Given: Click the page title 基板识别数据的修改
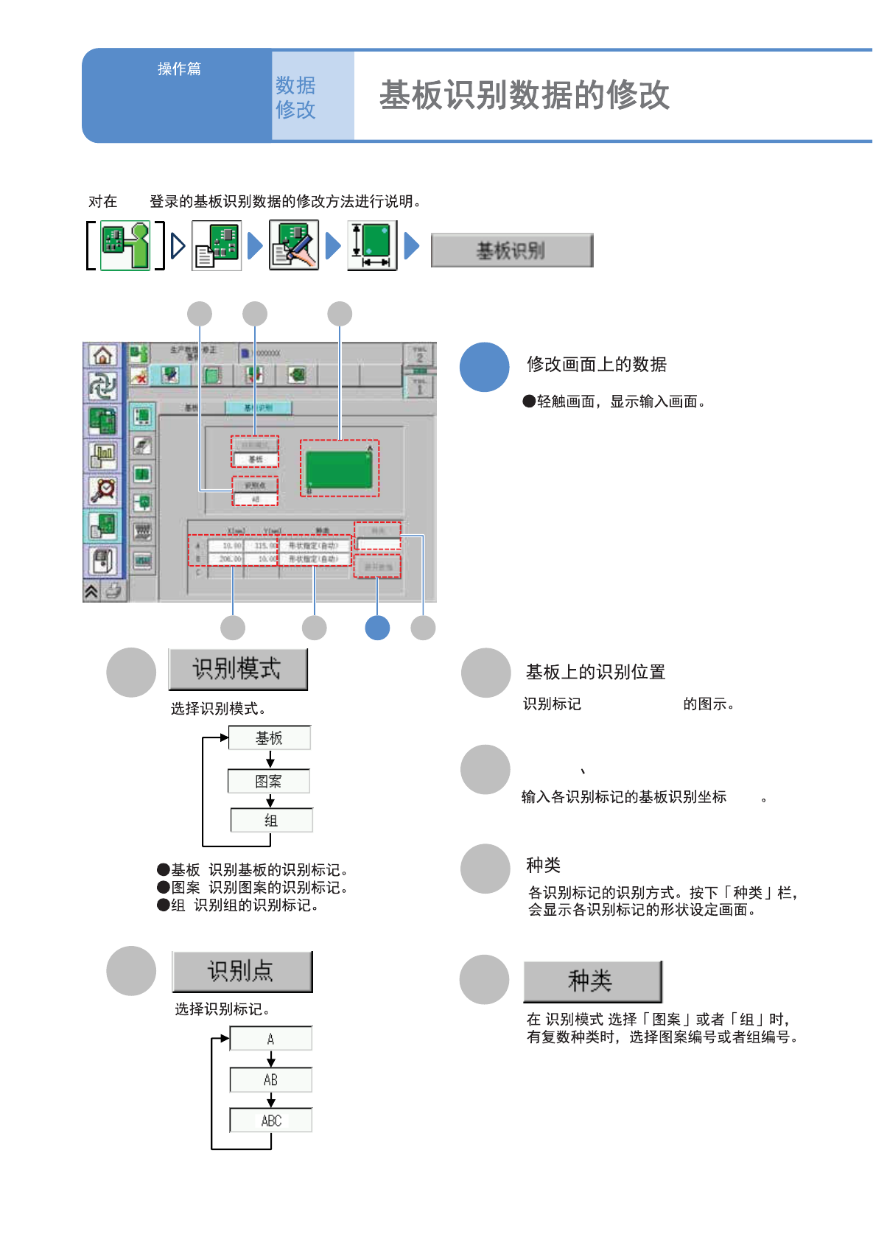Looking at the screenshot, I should (x=524, y=96).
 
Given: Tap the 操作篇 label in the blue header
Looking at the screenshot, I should (x=179, y=69).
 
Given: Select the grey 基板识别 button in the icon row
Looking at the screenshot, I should (x=511, y=250).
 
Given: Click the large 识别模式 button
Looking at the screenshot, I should (x=237, y=669).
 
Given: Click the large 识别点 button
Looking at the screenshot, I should (x=242, y=971).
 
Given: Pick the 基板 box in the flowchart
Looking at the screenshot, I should (x=269, y=738).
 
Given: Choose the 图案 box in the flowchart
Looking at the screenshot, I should (x=269, y=781).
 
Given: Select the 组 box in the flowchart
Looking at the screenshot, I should (x=271, y=820).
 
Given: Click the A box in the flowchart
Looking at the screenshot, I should (x=270, y=1039).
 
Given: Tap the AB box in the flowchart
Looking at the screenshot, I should (x=270, y=1080).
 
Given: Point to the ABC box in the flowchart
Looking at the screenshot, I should (x=270, y=1121).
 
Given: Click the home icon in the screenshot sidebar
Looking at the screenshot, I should (x=103, y=356).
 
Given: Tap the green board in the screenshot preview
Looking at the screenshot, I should (x=340, y=469).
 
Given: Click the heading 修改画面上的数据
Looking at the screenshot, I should (x=596, y=365).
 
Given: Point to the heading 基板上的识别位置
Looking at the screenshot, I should (x=595, y=672).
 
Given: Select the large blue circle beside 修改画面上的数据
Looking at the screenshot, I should (x=485, y=367).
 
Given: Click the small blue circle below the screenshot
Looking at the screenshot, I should (x=377, y=628).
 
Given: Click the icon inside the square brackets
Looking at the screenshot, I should (x=125, y=245).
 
